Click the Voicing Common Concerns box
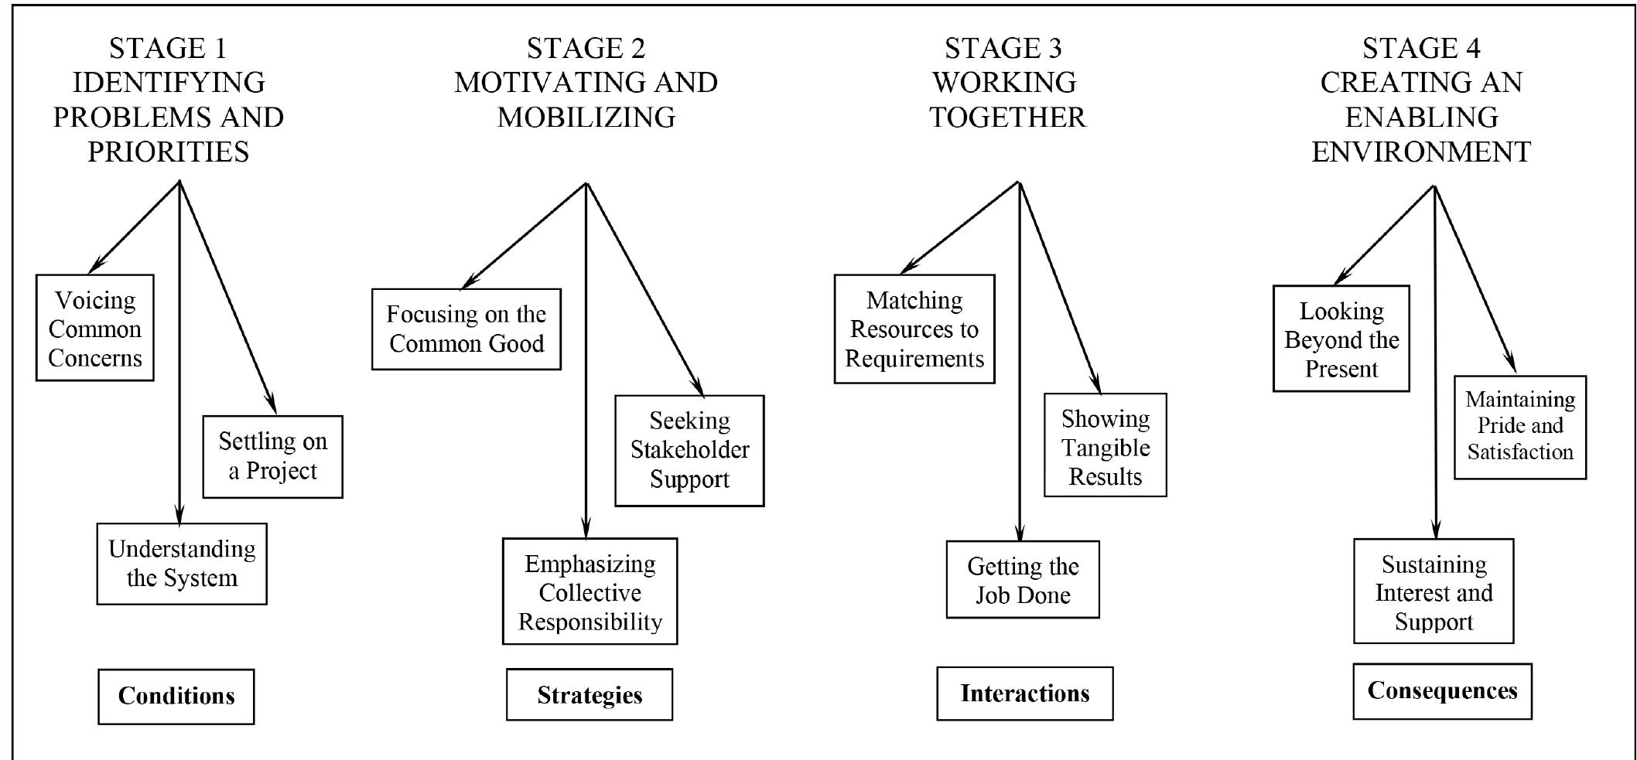94,328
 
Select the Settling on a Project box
272,456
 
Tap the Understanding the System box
182,564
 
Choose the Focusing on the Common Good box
466,329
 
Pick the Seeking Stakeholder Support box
689,450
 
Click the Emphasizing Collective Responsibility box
590,591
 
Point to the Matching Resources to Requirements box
914,329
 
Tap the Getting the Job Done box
1022,580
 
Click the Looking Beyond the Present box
1341,339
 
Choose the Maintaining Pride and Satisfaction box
1519,427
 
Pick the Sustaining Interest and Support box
1433,591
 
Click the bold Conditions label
176,696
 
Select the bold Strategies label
589,694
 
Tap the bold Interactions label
1024,693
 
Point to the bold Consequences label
1442,690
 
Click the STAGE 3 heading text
1003,48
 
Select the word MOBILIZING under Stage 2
586,118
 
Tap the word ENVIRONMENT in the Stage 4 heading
1420,152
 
